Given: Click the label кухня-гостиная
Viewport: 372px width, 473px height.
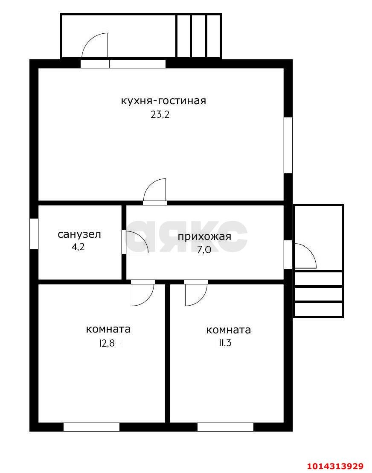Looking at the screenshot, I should (163, 101).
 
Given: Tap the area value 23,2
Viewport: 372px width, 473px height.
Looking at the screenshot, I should (160, 115).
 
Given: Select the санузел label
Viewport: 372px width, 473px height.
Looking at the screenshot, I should (79, 234).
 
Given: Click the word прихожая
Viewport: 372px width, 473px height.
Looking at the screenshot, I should (204, 237).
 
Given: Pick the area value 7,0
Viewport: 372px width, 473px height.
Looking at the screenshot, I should (204, 250).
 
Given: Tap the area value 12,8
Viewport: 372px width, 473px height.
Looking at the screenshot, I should (107, 343).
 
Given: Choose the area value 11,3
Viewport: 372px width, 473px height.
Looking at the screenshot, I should (225, 343).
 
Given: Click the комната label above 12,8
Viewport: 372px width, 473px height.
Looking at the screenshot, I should (108, 330).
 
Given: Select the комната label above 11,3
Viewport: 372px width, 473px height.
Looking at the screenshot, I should (228, 330).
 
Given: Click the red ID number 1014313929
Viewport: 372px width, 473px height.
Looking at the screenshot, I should (335, 466).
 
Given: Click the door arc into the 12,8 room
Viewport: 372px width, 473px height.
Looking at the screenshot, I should (142, 295).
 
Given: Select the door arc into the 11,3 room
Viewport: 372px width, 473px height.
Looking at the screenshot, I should (196, 295).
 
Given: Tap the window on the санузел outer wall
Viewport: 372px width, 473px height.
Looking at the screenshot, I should (34, 234).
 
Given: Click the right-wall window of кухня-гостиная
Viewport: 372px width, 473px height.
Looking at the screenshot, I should (288, 145).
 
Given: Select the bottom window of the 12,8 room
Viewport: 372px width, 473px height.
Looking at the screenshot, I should (91, 427).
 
